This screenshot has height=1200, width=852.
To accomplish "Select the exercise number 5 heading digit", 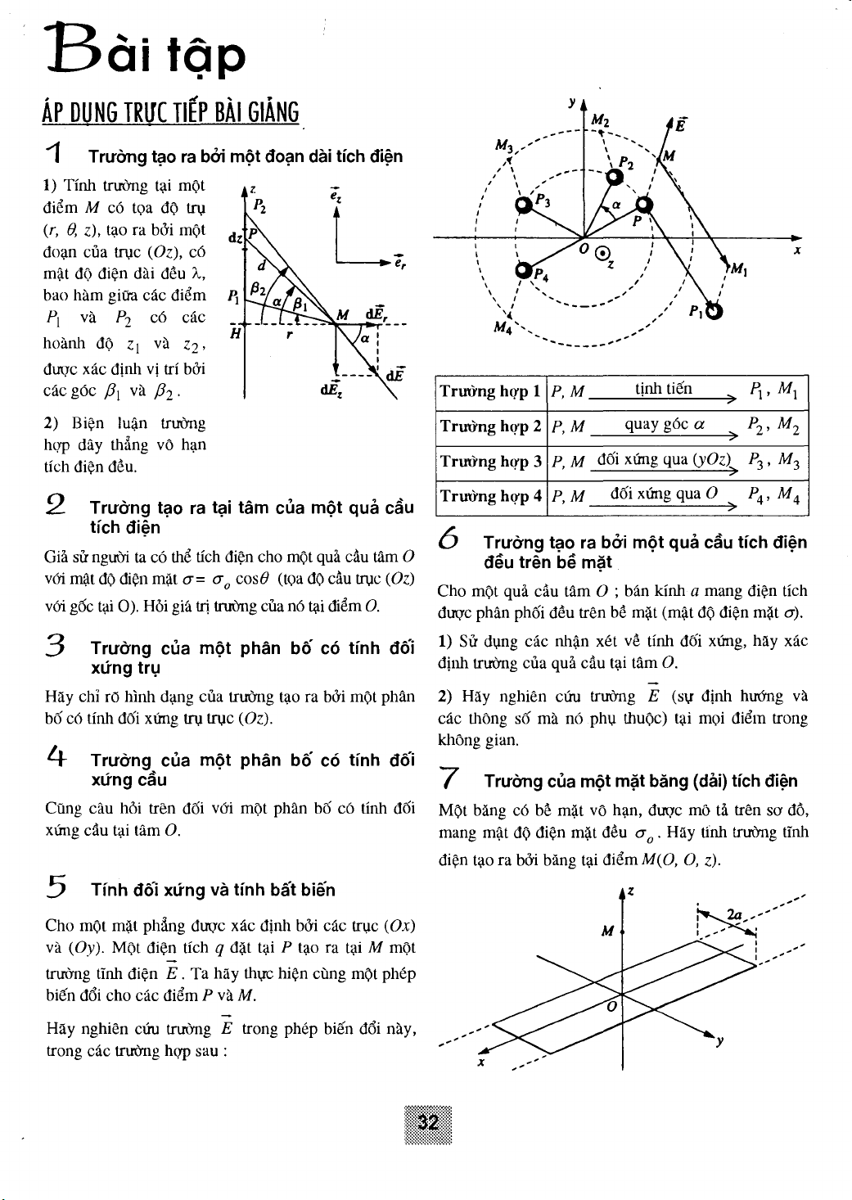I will point(56,887).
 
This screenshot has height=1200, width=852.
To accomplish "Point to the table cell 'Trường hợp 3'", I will point(490,462).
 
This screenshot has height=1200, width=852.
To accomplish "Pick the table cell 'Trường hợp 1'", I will point(490,391).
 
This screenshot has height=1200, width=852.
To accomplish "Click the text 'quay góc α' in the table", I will point(665,425).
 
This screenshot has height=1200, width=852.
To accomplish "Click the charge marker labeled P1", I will point(715,311).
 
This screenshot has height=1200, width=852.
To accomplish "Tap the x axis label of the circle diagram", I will point(796,252).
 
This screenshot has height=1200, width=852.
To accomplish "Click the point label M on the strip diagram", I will point(606,932).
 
